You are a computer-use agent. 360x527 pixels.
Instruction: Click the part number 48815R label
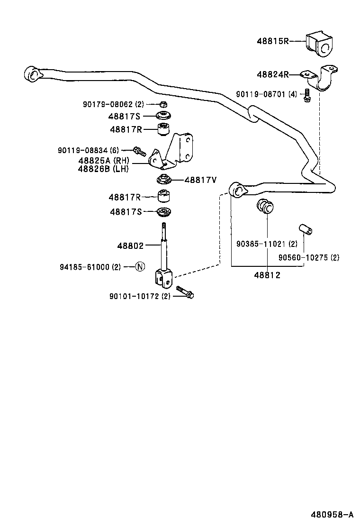pyautogui.click(x=272, y=41)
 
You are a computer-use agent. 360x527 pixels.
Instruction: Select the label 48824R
pyautogui.click(x=272, y=74)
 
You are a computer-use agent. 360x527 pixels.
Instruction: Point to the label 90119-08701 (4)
pyautogui.click(x=266, y=94)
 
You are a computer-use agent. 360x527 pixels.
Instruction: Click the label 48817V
pyautogui.click(x=200, y=180)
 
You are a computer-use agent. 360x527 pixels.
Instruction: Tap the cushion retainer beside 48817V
pyautogui.click(x=164, y=180)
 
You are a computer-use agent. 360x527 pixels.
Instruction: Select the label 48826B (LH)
pyautogui.click(x=103, y=169)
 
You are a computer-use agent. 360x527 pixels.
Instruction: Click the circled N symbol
pyautogui.click(x=139, y=267)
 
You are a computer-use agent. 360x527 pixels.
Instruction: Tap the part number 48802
pyautogui.click(x=130, y=245)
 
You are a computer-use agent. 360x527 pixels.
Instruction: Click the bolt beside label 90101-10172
pyautogui.click(x=185, y=291)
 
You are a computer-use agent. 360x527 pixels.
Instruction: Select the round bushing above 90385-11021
pyautogui.click(x=265, y=207)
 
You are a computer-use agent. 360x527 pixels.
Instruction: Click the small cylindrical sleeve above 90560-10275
pyautogui.click(x=304, y=230)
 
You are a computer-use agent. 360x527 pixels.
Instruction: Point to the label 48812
pyautogui.click(x=267, y=275)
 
